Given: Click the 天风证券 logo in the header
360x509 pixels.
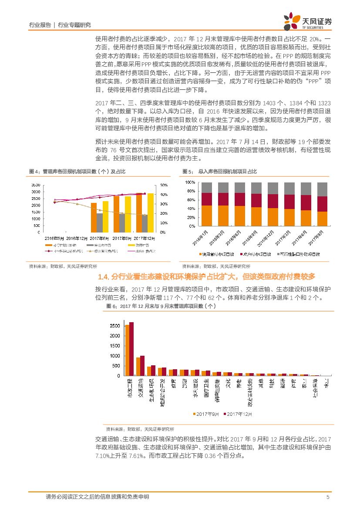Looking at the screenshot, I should pos(308,20).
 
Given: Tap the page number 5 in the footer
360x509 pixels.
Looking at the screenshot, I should pos(327,497).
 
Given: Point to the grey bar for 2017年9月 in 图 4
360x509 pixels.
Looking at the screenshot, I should pos(122,223).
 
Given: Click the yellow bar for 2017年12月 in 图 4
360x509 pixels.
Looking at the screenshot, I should pos(150,212).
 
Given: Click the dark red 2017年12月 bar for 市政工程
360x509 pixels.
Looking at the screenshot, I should pos(131,349).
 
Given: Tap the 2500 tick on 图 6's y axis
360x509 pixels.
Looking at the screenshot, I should pos(115,326).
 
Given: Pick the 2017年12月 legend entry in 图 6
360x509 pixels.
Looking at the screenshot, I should pos(239,414).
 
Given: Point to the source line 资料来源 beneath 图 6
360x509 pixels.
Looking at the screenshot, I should pos(140,428).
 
